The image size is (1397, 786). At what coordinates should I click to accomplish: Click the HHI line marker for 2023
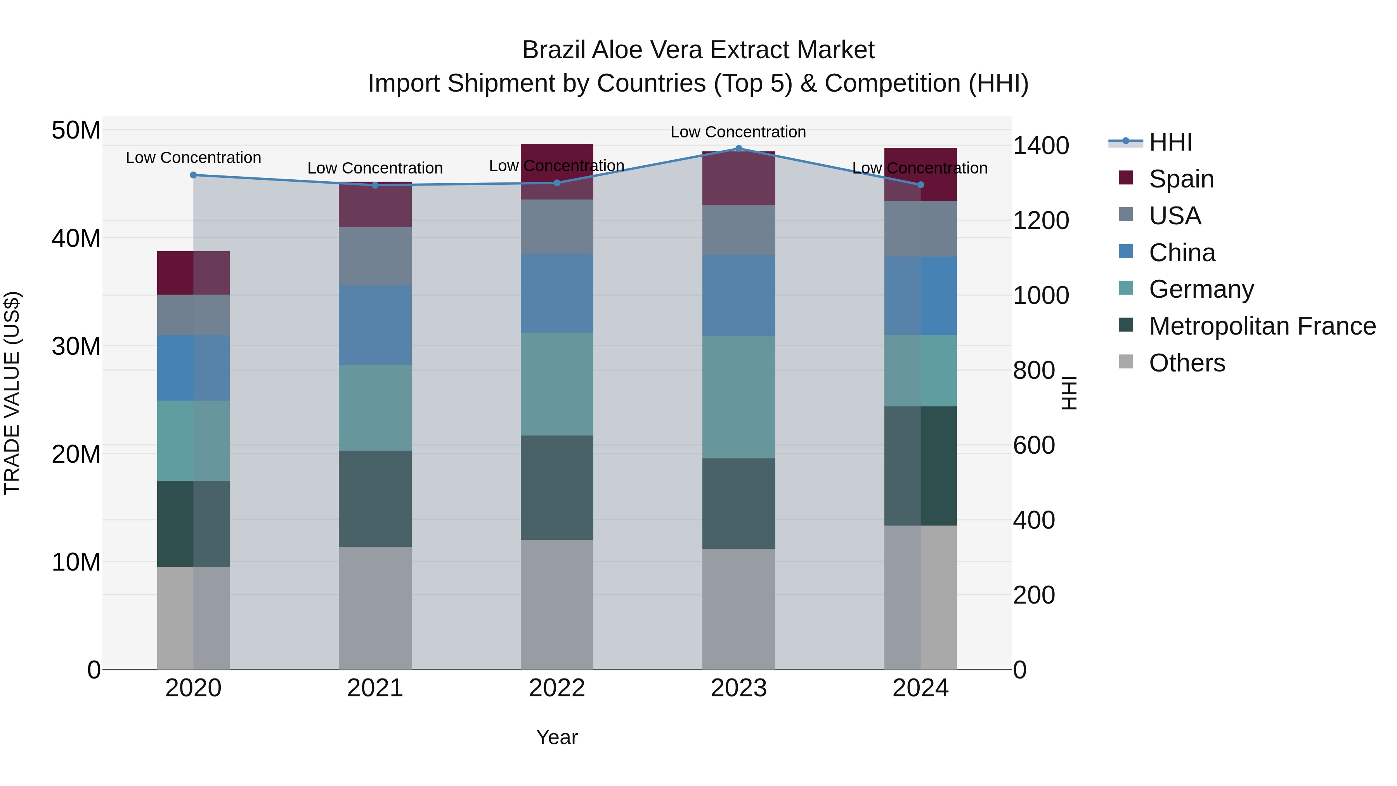738,148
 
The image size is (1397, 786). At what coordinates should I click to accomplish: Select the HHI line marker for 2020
193,175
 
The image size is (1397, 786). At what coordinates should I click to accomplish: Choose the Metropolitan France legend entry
1262,326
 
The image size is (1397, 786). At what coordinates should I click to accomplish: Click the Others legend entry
1187,363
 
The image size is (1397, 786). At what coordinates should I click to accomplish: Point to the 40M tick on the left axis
76,238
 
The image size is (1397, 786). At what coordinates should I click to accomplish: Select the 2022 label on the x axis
556,688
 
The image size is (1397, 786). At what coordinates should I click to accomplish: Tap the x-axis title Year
556,737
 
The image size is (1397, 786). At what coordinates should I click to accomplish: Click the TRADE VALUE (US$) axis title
12,393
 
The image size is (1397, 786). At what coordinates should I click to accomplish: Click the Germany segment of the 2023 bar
738,397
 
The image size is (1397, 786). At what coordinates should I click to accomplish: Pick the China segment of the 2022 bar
556,293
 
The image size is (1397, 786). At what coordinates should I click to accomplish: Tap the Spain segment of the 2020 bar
193,273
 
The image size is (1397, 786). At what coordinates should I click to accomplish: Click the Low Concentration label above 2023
738,132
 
